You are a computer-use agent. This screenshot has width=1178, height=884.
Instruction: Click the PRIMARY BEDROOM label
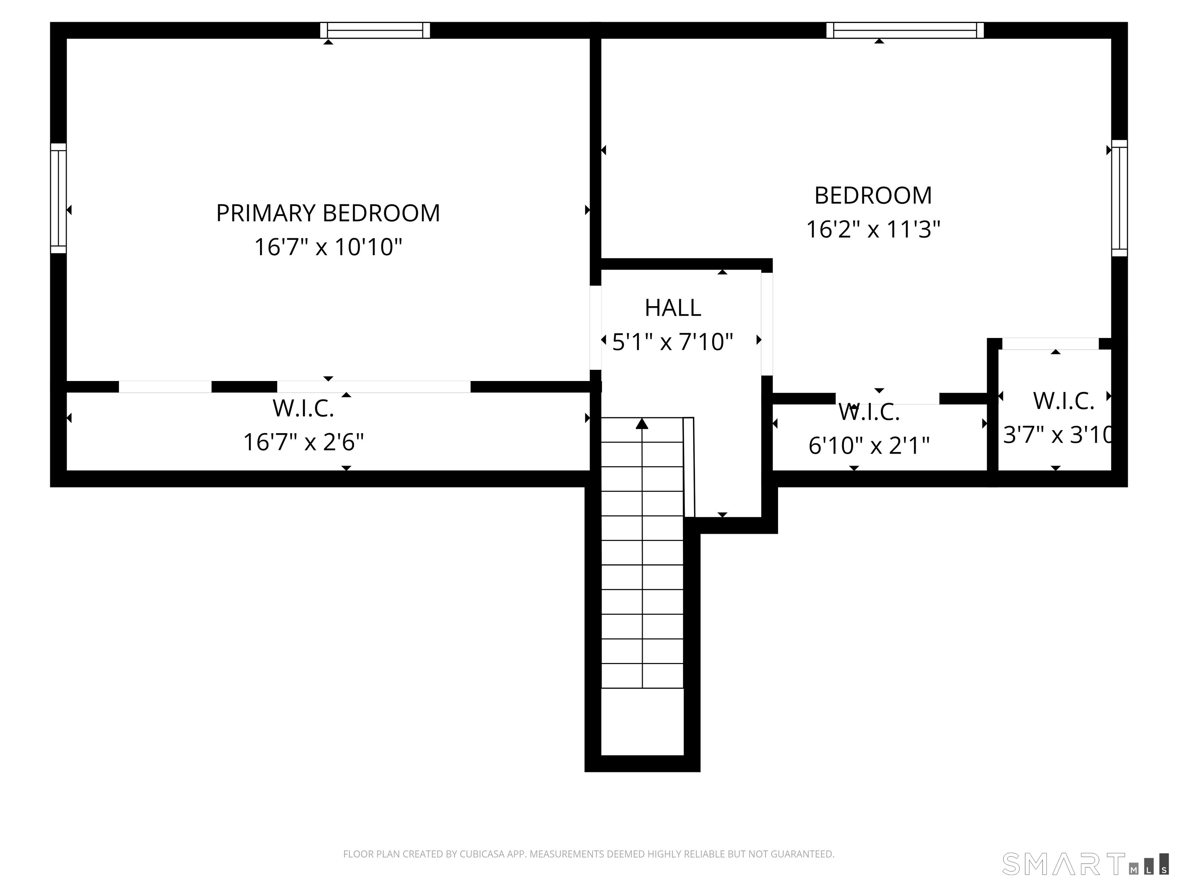pyautogui.click(x=327, y=213)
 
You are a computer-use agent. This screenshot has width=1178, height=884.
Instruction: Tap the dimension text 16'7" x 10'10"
pyautogui.click(x=327, y=247)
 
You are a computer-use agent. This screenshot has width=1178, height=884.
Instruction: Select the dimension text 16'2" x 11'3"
pyautogui.click(x=873, y=230)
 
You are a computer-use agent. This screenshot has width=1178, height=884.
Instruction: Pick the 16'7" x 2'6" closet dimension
pyautogui.click(x=304, y=442)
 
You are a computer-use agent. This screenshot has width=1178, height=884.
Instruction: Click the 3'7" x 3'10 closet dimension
pyautogui.click(x=1057, y=435)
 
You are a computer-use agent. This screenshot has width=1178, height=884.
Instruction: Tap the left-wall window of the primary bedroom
pyautogui.click(x=58, y=198)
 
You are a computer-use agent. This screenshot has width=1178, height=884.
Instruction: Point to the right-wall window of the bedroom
pyautogui.click(x=1119, y=198)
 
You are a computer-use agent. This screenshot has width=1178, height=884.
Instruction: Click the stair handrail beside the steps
pyautogui.click(x=689, y=467)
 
